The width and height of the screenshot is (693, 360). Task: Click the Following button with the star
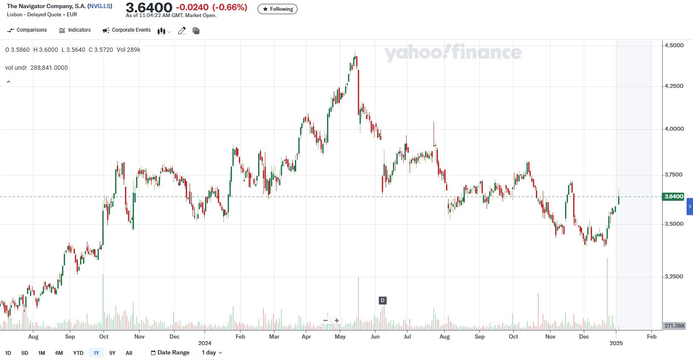point(277,9)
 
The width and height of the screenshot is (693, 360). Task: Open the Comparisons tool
point(27,30)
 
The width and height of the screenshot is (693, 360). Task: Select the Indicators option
point(75,30)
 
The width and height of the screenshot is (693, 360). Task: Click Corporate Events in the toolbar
point(127,30)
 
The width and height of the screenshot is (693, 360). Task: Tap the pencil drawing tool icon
point(182,31)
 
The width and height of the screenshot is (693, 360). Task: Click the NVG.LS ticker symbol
point(100,6)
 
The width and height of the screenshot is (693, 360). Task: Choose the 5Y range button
point(112,353)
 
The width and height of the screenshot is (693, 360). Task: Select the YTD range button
point(78,353)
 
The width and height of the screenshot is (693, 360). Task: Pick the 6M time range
point(59,353)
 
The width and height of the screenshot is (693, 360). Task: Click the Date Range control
point(170,353)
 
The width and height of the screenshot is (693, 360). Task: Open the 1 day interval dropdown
point(212,353)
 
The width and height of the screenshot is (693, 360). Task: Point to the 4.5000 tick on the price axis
point(673,45)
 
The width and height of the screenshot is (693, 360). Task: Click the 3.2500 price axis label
point(673,277)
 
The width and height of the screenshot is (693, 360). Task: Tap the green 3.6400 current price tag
point(673,196)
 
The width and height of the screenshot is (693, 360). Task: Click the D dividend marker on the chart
point(383,300)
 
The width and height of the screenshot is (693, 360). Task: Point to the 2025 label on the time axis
point(616,343)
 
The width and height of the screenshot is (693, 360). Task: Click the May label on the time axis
point(340,337)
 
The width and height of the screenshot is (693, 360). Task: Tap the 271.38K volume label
point(674,326)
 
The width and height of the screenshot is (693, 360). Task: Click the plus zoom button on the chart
point(337,321)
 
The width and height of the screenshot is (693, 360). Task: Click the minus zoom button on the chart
point(326,321)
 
